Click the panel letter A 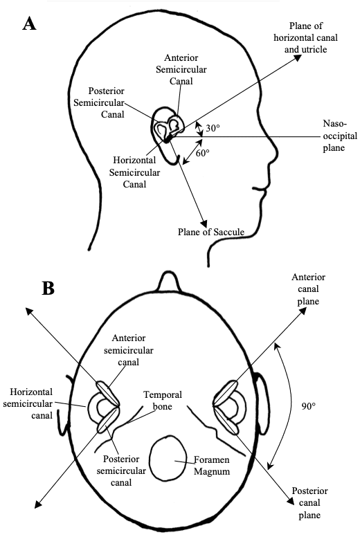coord(29,24)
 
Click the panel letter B coord(48,289)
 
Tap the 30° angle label coord(213,128)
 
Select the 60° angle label coord(203,153)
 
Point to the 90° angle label coord(309,406)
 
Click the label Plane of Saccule coord(211,232)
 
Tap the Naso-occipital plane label coord(340,136)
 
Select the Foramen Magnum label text coord(212,466)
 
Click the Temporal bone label coord(163,400)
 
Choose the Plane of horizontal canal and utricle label coord(306,38)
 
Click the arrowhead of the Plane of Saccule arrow coord(204,223)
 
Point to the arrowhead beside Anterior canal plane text coord(303,311)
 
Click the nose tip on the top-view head coord(168,274)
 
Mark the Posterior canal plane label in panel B coord(309,502)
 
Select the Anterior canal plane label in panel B coord(309,289)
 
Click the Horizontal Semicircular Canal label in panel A coord(134,172)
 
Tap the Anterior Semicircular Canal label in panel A coord(181,69)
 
